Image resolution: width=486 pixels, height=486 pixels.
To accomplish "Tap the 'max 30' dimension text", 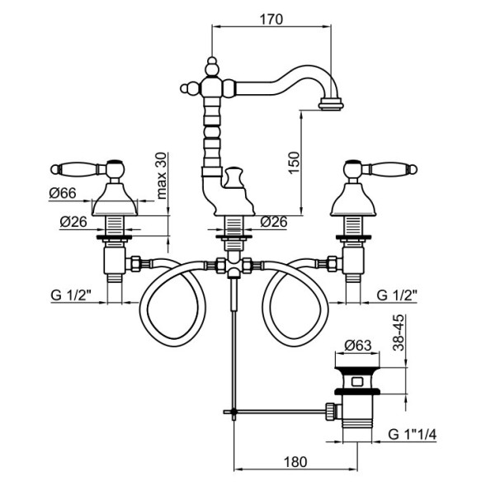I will (x=161, y=173).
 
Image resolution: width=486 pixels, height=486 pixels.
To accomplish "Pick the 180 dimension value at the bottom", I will (x=295, y=462).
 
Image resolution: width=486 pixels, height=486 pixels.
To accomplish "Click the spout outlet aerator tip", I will (x=331, y=105).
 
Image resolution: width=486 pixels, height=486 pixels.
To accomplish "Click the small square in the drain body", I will (x=356, y=381).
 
